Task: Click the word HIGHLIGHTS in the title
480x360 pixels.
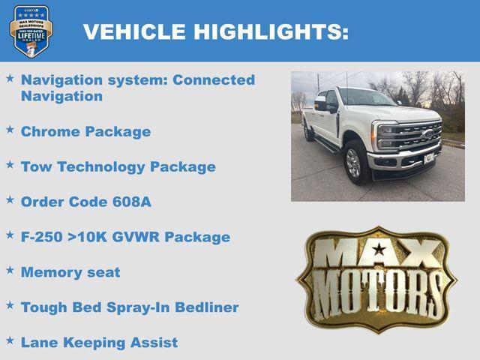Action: pyautogui.click(x=271, y=31)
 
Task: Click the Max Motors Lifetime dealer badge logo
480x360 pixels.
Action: pyautogui.click(x=31, y=31)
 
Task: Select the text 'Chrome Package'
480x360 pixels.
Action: pyautogui.click(x=85, y=132)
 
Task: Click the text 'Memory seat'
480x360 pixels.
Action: pyautogui.click(x=70, y=272)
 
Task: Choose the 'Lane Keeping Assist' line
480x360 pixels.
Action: pyautogui.click(x=99, y=343)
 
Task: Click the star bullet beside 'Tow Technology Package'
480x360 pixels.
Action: pyautogui.click(x=10, y=165)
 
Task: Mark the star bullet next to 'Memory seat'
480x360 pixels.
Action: pyautogui.click(x=10, y=271)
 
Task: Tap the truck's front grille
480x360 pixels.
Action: pyautogui.click(x=411, y=137)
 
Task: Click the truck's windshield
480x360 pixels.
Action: pyautogui.click(x=366, y=98)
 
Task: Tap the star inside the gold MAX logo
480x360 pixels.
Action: pyautogui.click(x=379, y=249)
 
